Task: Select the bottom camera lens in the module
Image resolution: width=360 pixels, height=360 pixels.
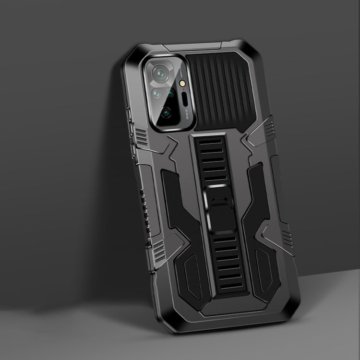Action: click(166, 113)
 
